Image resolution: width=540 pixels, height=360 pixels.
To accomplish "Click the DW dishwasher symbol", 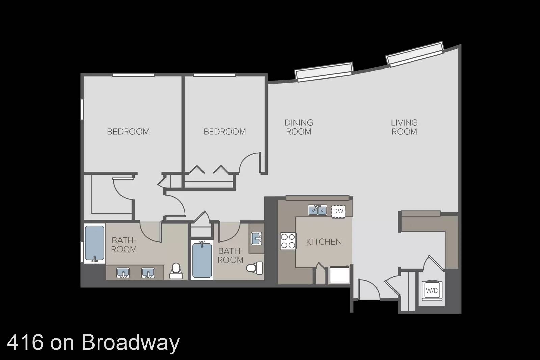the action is pos(338,212).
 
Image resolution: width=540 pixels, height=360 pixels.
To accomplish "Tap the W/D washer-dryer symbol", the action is pos(432,290).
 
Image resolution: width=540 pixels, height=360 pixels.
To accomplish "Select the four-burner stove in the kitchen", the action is pos(288,241).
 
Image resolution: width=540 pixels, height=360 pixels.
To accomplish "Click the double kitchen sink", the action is pos(318,210).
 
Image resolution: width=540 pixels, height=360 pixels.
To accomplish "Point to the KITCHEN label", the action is pos(324,242).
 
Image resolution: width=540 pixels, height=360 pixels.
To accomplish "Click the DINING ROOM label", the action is pos(299,127).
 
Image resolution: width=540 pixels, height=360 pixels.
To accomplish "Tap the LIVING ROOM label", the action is pos(404,127).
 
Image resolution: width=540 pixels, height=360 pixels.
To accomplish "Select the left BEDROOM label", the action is pos(128,132).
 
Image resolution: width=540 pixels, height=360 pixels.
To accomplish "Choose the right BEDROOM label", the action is pos(225,132).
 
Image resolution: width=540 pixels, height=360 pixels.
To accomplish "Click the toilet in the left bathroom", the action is pos(176,271).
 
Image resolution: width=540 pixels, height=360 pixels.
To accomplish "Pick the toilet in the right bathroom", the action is pos(254,268).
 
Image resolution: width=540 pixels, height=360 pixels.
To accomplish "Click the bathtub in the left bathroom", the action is pos(94,243).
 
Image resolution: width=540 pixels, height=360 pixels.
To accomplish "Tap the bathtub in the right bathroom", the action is pos(202,260).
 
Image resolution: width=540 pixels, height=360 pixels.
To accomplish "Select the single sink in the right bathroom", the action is pos(256,239).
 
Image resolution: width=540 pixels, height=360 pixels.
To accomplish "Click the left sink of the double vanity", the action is pos(123,273).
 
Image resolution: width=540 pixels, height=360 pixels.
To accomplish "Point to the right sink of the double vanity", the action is pos(148,273).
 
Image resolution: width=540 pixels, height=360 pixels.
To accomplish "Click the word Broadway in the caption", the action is pos(130,342).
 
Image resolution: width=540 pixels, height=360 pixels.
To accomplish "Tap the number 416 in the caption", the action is pos(26,342).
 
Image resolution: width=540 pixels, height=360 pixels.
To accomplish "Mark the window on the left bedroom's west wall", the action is pos(82,109).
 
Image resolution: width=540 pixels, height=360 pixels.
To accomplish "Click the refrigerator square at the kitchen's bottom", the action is pos(340,275).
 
